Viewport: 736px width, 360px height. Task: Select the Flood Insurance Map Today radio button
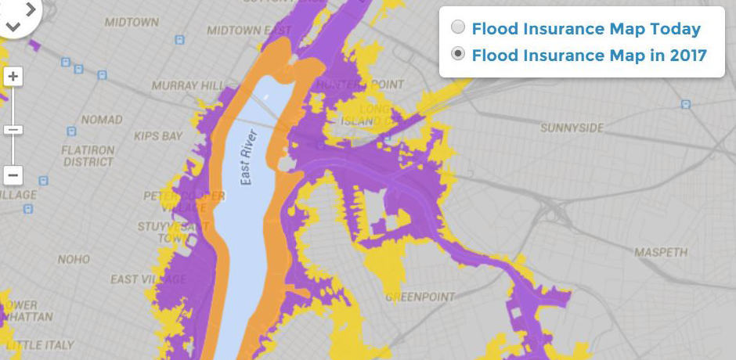pyautogui.click(x=459, y=28)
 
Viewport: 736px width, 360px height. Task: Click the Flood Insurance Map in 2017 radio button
pyautogui.click(x=459, y=54)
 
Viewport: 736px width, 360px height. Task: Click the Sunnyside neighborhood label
pyautogui.click(x=572, y=127)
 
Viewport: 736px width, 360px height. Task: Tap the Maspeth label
pyautogui.click(x=661, y=253)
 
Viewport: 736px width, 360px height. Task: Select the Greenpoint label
pyautogui.click(x=420, y=297)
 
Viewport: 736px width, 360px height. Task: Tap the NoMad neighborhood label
pyautogui.click(x=102, y=120)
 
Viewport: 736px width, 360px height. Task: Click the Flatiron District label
pyautogui.click(x=88, y=156)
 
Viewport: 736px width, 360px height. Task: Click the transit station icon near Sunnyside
pyautogui.click(x=686, y=103)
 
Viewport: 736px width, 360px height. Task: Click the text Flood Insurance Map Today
pyautogui.click(x=586, y=29)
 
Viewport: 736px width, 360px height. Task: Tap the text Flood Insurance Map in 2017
pyautogui.click(x=589, y=55)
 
